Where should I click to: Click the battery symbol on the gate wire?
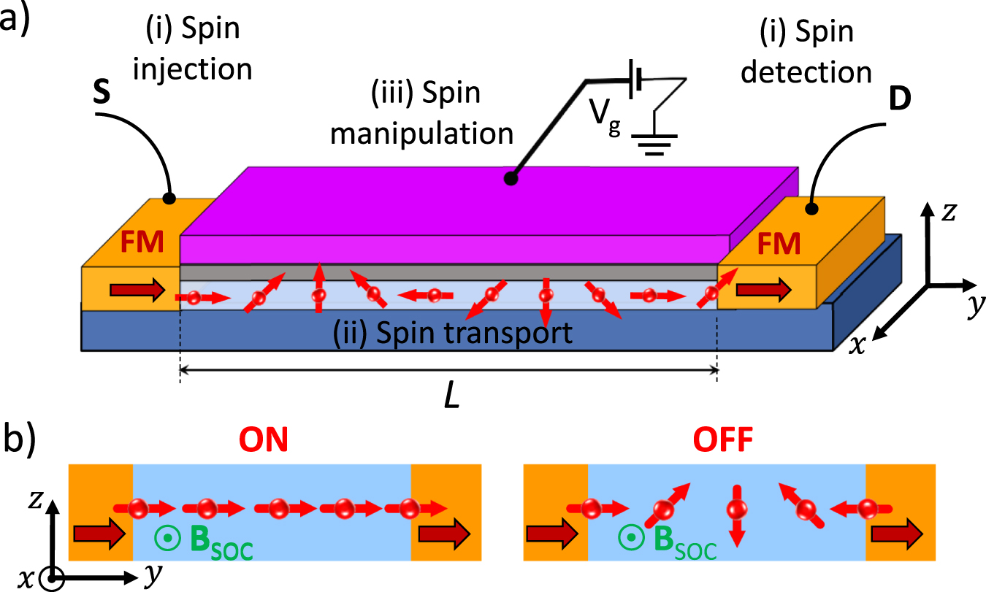[x=638, y=78]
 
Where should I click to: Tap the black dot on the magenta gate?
[x=513, y=177]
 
